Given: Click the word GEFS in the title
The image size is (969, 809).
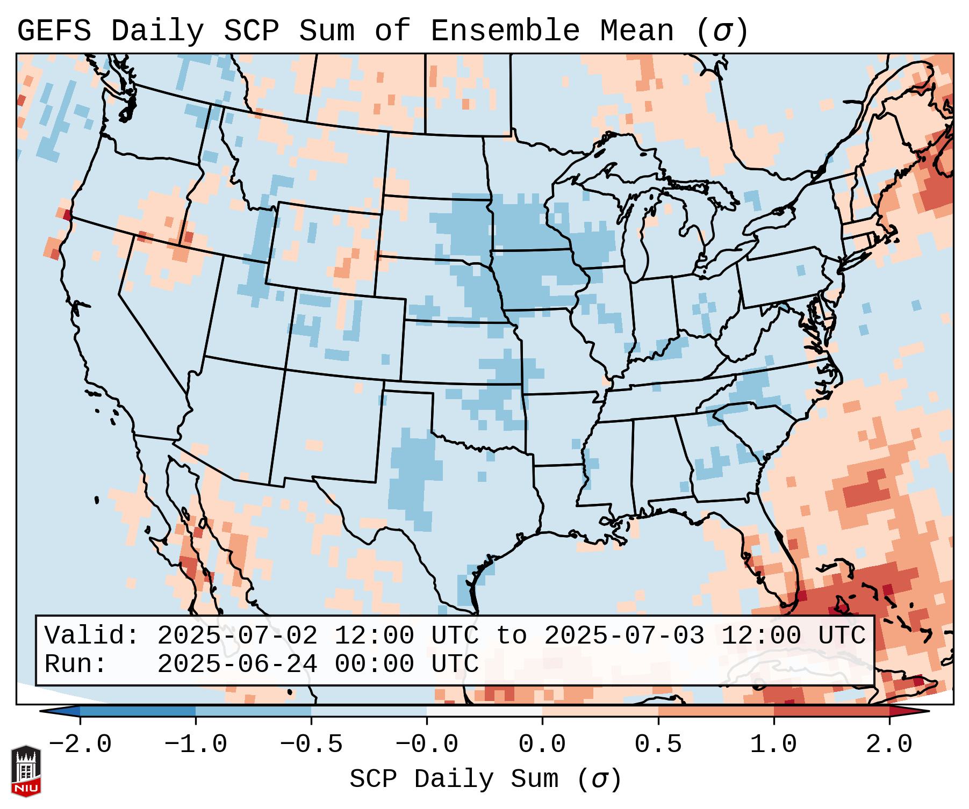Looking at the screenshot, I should click(54, 31).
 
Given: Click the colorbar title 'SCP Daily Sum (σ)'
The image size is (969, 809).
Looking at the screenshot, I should click(485, 779).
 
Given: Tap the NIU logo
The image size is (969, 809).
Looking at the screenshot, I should click(26, 771).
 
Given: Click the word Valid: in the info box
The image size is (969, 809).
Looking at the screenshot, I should click(92, 636).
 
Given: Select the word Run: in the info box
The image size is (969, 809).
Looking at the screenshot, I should click(76, 664).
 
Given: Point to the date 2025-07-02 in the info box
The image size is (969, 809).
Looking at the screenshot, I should click(237, 636).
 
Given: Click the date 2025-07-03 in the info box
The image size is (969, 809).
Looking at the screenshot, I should click(624, 636).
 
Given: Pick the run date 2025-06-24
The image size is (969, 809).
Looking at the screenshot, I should click(237, 664).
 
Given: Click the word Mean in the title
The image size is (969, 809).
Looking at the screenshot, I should click(637, 31).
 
